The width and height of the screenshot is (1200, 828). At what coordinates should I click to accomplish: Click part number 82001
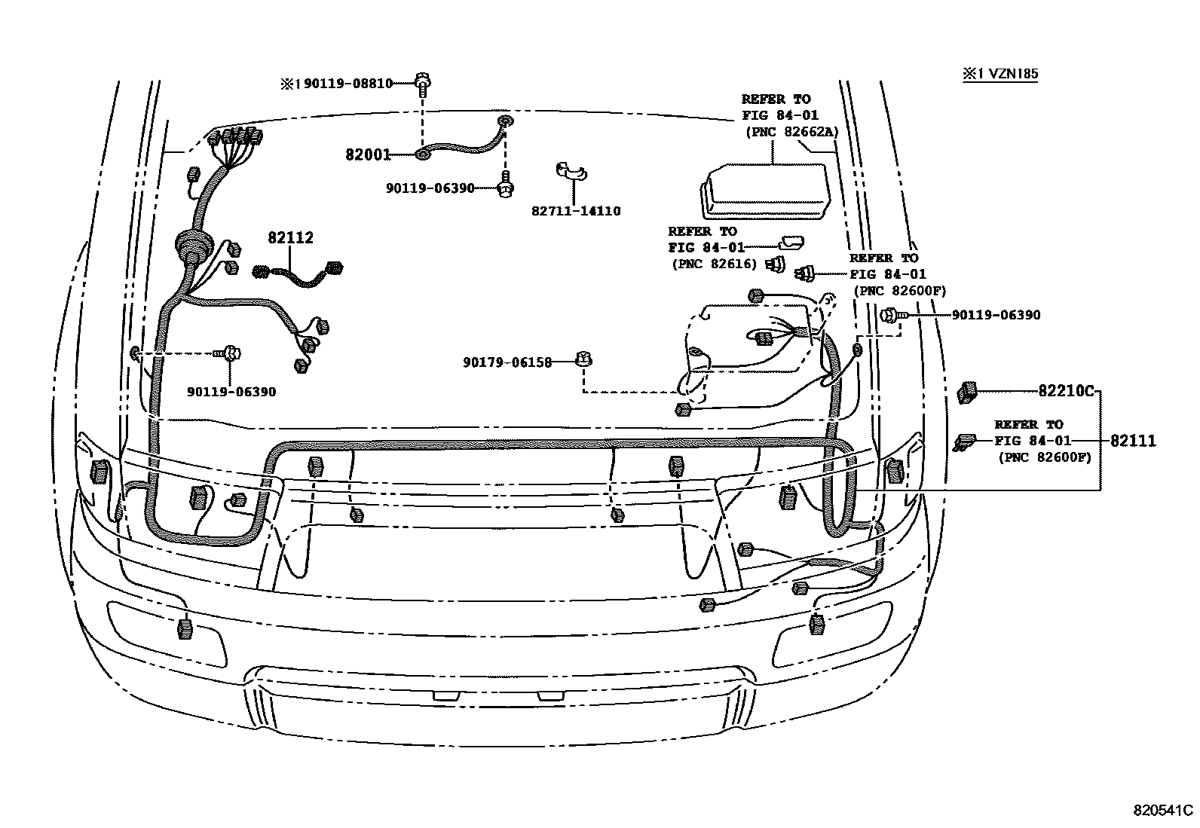pos(368,155)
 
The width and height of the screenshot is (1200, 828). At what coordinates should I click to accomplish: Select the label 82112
pos(290,238)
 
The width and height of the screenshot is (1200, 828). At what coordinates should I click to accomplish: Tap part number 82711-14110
pos(576,211)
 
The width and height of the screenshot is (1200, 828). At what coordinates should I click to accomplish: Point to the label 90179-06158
pos(507,362)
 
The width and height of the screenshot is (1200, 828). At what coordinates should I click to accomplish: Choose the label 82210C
pos(1066,391)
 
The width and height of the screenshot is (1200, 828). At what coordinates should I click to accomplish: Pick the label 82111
pos(1131,441)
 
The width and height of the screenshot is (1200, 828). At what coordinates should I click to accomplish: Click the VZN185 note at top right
pos(999,74)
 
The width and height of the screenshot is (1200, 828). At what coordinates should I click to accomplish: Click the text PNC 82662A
pos(791,132)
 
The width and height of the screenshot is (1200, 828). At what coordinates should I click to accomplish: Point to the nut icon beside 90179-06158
pos(582,359)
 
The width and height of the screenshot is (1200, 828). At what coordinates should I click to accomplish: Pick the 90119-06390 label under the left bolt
pos(231,392)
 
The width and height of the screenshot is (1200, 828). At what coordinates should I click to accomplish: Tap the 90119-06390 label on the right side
pos(995,315)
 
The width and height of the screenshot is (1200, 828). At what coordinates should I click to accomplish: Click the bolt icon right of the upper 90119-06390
pos(506,188)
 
